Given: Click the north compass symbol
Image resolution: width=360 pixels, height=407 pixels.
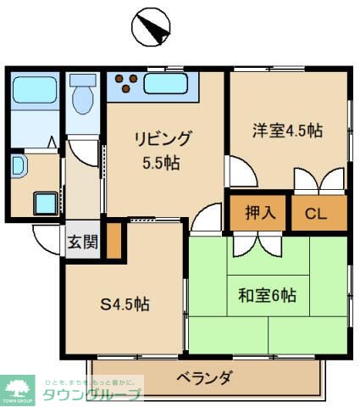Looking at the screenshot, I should coord(150,28).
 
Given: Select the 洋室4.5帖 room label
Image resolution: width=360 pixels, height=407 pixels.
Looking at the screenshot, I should coord(288,131).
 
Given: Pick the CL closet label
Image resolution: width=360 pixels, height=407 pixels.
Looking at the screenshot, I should coord(316,213).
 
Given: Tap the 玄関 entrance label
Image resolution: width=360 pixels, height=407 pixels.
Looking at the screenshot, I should coord(82,241).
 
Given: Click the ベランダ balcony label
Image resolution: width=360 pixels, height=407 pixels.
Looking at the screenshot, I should coord(204,377).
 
